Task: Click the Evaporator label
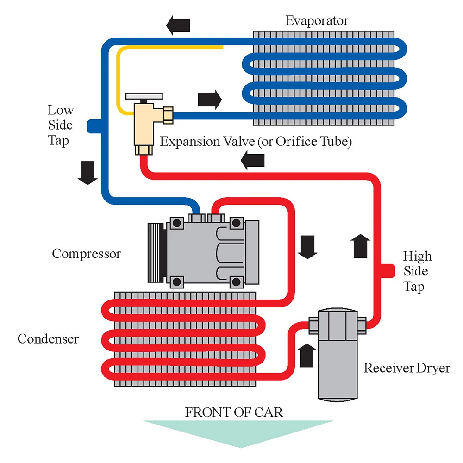pos(317,21)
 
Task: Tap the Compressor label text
pos(87,254)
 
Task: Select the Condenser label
pos(48,339)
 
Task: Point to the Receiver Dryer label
pos(407,368)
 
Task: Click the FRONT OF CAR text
pos(234,412)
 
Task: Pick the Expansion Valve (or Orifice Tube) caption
pos(256,141)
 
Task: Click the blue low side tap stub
pos(94,126)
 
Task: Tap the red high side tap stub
pos(388,271)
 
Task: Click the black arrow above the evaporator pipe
pos(178,25)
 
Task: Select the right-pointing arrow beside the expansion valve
pos(210,100)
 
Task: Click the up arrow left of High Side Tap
pos(360,246)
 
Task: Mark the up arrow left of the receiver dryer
pos(307,356)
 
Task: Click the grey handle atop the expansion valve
pos(144,96)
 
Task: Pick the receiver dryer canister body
pos(338,355)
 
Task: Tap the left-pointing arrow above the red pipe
pos(253,160)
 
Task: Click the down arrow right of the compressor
pos(307,247)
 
